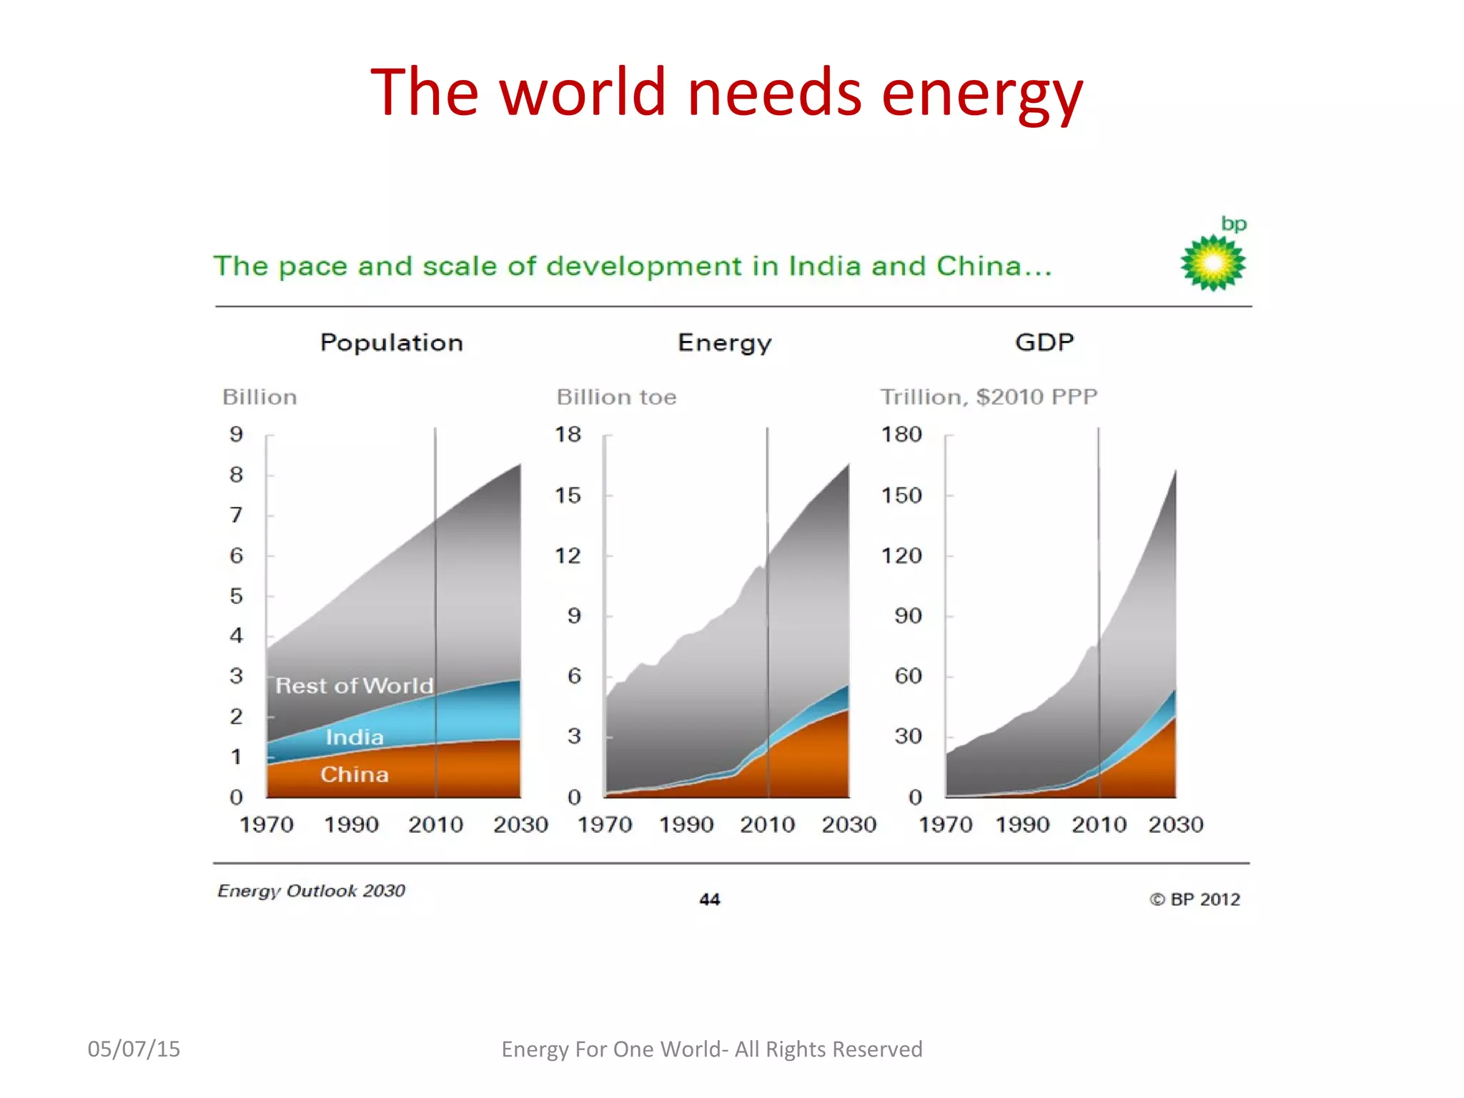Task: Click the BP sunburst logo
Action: [x=1213, y=263]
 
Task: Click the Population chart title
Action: [x=392, y=342]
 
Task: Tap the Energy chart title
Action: [x=724, y=342]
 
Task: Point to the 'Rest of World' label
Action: [x=355, y=686]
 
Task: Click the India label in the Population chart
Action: [x=355, y=737]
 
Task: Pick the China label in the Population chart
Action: [x=355, y=774]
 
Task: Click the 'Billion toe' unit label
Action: [x=616, y=397]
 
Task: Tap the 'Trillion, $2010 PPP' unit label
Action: [x=989, y=397]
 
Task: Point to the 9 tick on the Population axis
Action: [x=236, y=434]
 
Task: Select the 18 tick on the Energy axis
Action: [x=568, y=434]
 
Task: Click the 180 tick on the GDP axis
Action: [x=901, y=434]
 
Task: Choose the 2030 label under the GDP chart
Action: [x=1176, y=824]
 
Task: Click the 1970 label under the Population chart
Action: [x=267, y=824]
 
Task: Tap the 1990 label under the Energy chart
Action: [x=686, y=824]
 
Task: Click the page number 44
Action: [x=709, y=899]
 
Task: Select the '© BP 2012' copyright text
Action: [x=1195, y=899]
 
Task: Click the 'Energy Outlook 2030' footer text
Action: [x=312, y=891]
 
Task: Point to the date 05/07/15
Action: [x=134, y=1049]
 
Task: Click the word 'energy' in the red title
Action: [x=982, y=94]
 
